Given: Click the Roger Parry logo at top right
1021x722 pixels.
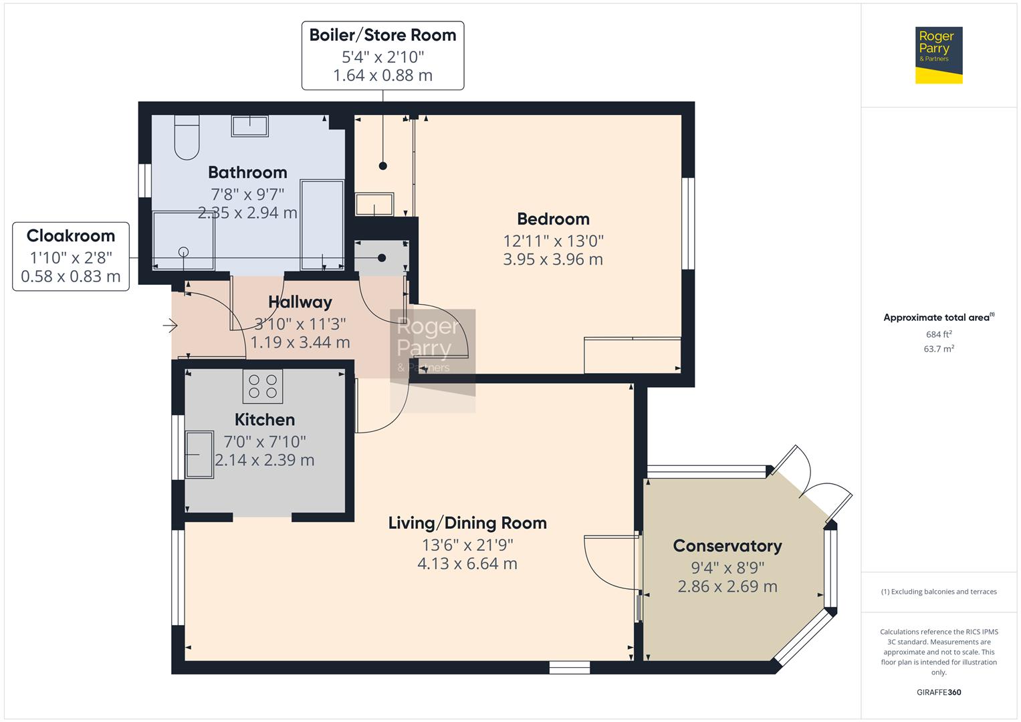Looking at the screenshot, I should tap(938, 55).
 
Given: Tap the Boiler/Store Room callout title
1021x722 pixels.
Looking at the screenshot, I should tap(382, 35).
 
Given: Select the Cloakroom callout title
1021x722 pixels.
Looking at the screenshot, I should tap(71, 236).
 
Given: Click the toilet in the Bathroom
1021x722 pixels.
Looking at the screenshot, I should tap(187, 138).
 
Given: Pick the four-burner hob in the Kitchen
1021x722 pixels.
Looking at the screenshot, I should tap(263, 386).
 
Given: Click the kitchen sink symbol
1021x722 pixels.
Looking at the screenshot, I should tap(199, 455).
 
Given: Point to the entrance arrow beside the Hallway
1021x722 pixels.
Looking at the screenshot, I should tap(170, 326).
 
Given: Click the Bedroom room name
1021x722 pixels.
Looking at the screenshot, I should tap(553, 219).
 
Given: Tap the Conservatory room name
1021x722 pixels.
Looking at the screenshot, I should tap(727, 546).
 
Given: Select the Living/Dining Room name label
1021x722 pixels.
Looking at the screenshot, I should tap(467, 523).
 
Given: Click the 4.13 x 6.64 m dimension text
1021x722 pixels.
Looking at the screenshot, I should tap(467, 564).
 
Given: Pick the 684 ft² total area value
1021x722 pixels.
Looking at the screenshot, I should tap(938, 334).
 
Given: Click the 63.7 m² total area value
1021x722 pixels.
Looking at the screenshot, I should tap(938, 349).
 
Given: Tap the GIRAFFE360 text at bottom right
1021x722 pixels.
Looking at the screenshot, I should tap(938, 692).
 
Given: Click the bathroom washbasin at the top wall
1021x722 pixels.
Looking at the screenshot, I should tap(249, 126).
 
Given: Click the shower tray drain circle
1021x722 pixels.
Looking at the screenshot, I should tap(183, 252).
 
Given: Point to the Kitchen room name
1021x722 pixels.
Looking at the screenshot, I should tap(265, 420).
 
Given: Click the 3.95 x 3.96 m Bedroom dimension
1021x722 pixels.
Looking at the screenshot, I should tap(553, 259).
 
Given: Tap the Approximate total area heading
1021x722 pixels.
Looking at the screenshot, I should tap(938, 318).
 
